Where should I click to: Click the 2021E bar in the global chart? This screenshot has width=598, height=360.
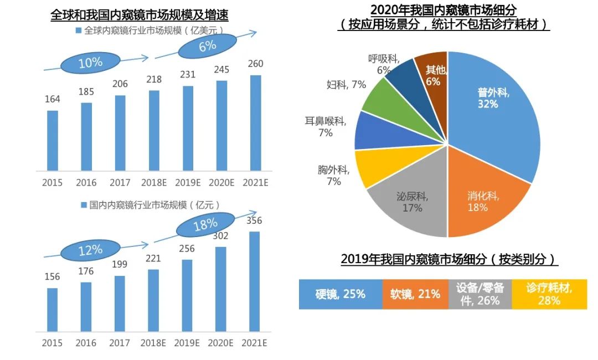click(255, 123)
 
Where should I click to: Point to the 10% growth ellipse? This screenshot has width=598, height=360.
click(90, 63)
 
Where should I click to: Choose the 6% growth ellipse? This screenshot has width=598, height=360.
click(207, 46)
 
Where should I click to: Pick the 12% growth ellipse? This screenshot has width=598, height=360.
click(90, 250)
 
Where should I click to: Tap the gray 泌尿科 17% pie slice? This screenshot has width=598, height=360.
click(410, 205)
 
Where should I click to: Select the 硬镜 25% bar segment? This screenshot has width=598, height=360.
click(340, 294)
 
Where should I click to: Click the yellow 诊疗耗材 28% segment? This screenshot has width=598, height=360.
click(549, 294)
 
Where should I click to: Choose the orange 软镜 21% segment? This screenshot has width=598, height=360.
click(415, 294)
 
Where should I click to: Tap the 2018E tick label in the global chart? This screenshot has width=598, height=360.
click(153, 183)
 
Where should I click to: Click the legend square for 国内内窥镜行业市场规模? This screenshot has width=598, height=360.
click(84, 205)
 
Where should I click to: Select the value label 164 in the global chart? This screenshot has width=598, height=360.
click(53, 100)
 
